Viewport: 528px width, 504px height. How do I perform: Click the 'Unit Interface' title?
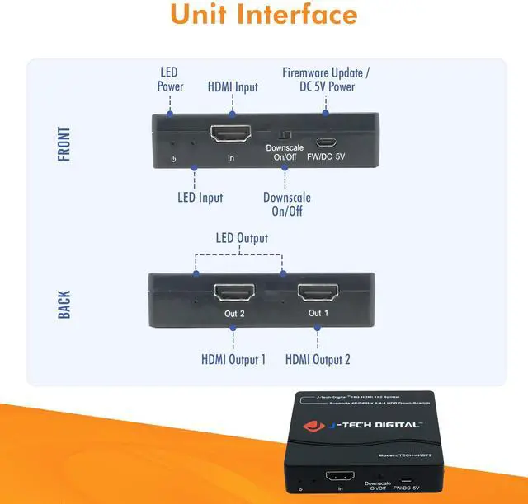coord(264,15)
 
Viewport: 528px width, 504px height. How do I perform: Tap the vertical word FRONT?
coord(64,143)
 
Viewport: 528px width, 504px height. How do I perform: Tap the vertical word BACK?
coord(64,304)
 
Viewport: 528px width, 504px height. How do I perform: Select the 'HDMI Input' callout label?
coord(232,86)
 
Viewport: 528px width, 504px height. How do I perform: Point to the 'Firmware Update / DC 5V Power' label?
coord(326,80)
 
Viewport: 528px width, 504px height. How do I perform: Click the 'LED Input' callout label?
coord(200,198)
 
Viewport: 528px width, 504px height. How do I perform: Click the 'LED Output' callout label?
coord(242,239)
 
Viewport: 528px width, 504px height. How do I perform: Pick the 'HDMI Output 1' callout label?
coord(233,359)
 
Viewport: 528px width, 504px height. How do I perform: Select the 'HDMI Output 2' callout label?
coord(318,359)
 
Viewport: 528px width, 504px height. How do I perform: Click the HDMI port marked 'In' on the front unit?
coord(232,133)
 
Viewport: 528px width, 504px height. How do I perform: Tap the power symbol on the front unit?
coord(172,157)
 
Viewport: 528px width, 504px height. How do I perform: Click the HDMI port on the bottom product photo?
coord(341,477)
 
